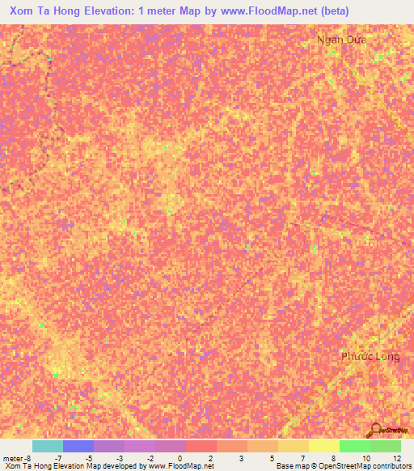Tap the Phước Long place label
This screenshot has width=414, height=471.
[370, 356]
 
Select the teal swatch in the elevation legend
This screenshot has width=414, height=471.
[48, 446]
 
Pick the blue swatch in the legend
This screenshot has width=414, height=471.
[78, 446]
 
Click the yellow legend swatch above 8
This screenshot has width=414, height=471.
[323, 446]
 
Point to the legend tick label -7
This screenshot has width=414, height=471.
[59, 458]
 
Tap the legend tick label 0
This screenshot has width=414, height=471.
[179, 458]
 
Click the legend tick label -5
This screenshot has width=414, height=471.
[90, 458]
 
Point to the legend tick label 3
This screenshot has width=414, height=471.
[241, 458]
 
